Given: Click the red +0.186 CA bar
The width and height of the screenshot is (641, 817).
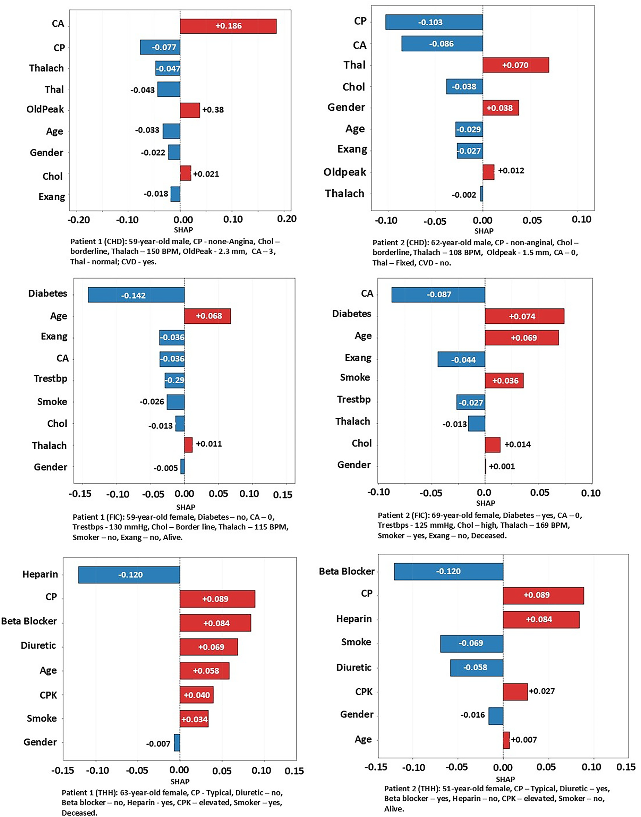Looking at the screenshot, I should (x=228, y=26).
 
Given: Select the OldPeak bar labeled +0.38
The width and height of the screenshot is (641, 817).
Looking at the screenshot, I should (x=189, y=110).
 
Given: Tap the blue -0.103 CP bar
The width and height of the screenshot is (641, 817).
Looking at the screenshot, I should (x=434, y=22).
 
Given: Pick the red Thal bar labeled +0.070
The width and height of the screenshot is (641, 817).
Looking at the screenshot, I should (x=515, y=65).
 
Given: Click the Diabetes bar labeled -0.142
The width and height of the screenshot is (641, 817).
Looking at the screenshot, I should (x=136, y=295).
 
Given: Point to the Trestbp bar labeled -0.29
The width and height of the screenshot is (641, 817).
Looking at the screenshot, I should (x=174, y=380).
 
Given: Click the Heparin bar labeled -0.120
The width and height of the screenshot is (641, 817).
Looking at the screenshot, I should (x=129, y=575).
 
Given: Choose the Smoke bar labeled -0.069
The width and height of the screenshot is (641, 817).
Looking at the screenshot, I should (x=471, y=643).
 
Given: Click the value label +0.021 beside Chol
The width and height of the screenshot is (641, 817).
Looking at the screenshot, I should (x=206, y=174).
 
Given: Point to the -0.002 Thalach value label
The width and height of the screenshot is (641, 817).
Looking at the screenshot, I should (x=464, y=195).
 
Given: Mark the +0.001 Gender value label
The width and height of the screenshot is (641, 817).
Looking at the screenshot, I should (x=502, y=467).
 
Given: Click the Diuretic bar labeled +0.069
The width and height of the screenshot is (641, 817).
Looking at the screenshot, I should (x=209, y=647).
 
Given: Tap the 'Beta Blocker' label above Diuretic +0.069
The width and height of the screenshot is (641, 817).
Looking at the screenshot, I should (x=29, y=621).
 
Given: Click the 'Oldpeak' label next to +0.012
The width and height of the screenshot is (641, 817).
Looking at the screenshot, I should (x=344, y=172).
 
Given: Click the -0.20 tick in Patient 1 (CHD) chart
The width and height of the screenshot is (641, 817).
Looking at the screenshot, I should (x=78, y=220).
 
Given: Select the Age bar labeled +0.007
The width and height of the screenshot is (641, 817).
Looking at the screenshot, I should (x=506, y=740).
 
